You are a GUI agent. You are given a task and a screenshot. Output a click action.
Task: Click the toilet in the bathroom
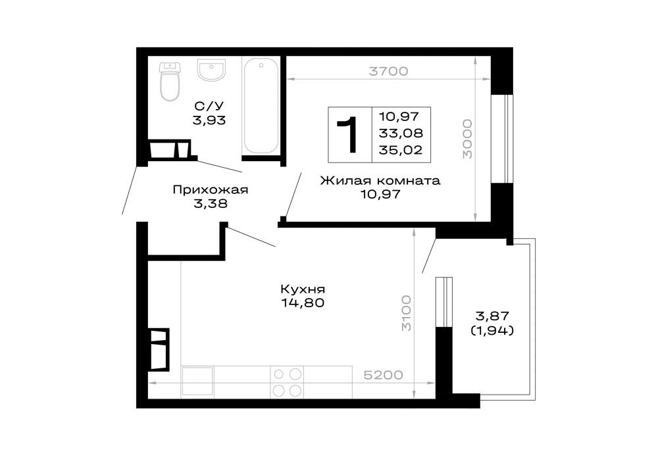(170, 82)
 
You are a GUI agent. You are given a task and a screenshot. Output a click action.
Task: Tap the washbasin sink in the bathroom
(211, 70)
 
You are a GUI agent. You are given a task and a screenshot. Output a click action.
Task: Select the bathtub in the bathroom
(261, 105)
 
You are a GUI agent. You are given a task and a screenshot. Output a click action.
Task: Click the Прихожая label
(210, 190)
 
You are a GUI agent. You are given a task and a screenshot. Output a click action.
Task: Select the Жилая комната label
(380, 180)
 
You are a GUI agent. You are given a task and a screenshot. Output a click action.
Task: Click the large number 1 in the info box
(349, 134)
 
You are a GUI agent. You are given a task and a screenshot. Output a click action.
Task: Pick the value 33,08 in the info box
(401, 133)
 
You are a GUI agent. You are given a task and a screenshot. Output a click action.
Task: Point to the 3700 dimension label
(388, 72)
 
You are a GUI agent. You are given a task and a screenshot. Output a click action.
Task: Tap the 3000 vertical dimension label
(467, 139)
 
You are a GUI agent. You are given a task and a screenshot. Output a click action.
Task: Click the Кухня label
(303, 289)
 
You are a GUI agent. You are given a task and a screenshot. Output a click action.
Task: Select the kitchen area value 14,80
(303, 303)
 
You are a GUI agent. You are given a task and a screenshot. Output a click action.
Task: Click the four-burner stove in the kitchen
(288, 382)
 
